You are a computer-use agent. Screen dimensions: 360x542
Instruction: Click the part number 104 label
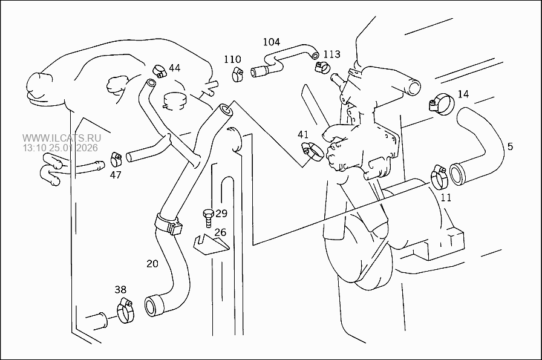click(271, 42)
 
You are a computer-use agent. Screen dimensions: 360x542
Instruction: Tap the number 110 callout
click(232, 59)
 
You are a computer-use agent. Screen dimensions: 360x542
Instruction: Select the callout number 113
click(331, 54)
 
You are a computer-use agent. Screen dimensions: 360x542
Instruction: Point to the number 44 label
click(174, 68)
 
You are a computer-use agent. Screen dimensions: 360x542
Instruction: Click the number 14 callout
click(463, 94)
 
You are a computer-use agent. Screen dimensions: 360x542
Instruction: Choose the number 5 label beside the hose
click(510, 146)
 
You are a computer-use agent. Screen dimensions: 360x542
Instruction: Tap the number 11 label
click(446, 197)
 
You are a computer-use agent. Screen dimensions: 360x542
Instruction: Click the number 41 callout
click(302, 134)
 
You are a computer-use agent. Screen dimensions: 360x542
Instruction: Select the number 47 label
click(116, 175)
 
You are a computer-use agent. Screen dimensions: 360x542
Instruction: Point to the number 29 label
click(221, 213)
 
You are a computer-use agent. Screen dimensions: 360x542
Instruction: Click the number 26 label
click(220, 232)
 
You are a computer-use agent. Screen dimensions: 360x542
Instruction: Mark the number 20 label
click(152, 263)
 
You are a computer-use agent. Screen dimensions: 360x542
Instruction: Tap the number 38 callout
click(120, 289)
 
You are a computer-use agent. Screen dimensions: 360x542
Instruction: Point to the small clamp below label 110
click(238, 74)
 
